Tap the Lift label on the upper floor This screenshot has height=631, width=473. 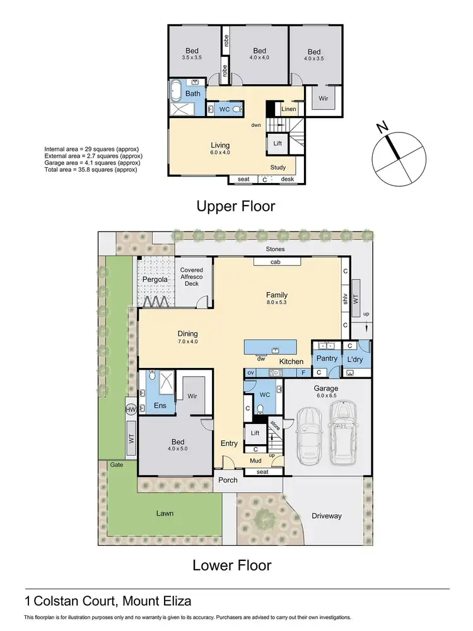coord(277,143)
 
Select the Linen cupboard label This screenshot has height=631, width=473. coord(288,109)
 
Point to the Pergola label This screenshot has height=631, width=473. coord(155,278)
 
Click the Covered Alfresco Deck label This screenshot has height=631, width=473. coord(192,276)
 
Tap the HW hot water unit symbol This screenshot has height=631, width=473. coord(131,410)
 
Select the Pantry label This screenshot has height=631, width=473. coord(327,358)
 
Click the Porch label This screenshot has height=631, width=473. coord(228,480)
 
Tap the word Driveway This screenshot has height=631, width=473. coord(327,516)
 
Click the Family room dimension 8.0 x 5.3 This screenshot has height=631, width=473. coord(276,303)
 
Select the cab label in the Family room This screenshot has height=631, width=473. coord(275,262)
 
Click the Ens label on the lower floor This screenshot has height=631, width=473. coord(160,405)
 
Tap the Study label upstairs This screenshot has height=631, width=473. coord(278,167)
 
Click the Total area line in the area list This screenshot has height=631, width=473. coord(90,170)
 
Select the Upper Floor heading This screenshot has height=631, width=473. coord(236,206)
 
